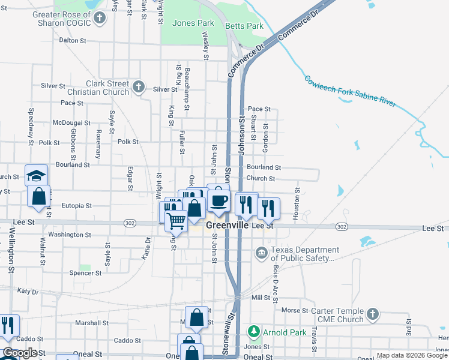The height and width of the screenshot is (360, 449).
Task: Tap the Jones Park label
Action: click(x=193, y=23)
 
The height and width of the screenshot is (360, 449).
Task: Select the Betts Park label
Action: click(x=244, y=26)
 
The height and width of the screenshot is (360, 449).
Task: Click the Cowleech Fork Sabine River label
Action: click(x=350, y=91)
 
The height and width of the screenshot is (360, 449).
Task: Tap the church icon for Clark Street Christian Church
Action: click(x=139, y=86)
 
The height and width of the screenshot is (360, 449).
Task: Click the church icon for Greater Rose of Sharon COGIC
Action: click(x=100, y=18)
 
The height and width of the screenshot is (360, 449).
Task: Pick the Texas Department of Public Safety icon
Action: click(x=261, y=251)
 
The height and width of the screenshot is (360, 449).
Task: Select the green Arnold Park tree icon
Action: click(x=254, y=331)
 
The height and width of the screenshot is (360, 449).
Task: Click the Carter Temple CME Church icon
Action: click(x=373, y=314)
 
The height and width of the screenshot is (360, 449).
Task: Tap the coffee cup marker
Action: click(x=218, y=200)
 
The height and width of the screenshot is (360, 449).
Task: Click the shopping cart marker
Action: click(x=176, y=220)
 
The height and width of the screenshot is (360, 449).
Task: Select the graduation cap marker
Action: click(x=36, y=176)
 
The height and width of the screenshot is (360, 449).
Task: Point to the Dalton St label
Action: click(x=73, y=40)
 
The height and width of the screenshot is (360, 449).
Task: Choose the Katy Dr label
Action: click(x=28, y=291)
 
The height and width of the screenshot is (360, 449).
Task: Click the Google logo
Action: click(x=20, y=353)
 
